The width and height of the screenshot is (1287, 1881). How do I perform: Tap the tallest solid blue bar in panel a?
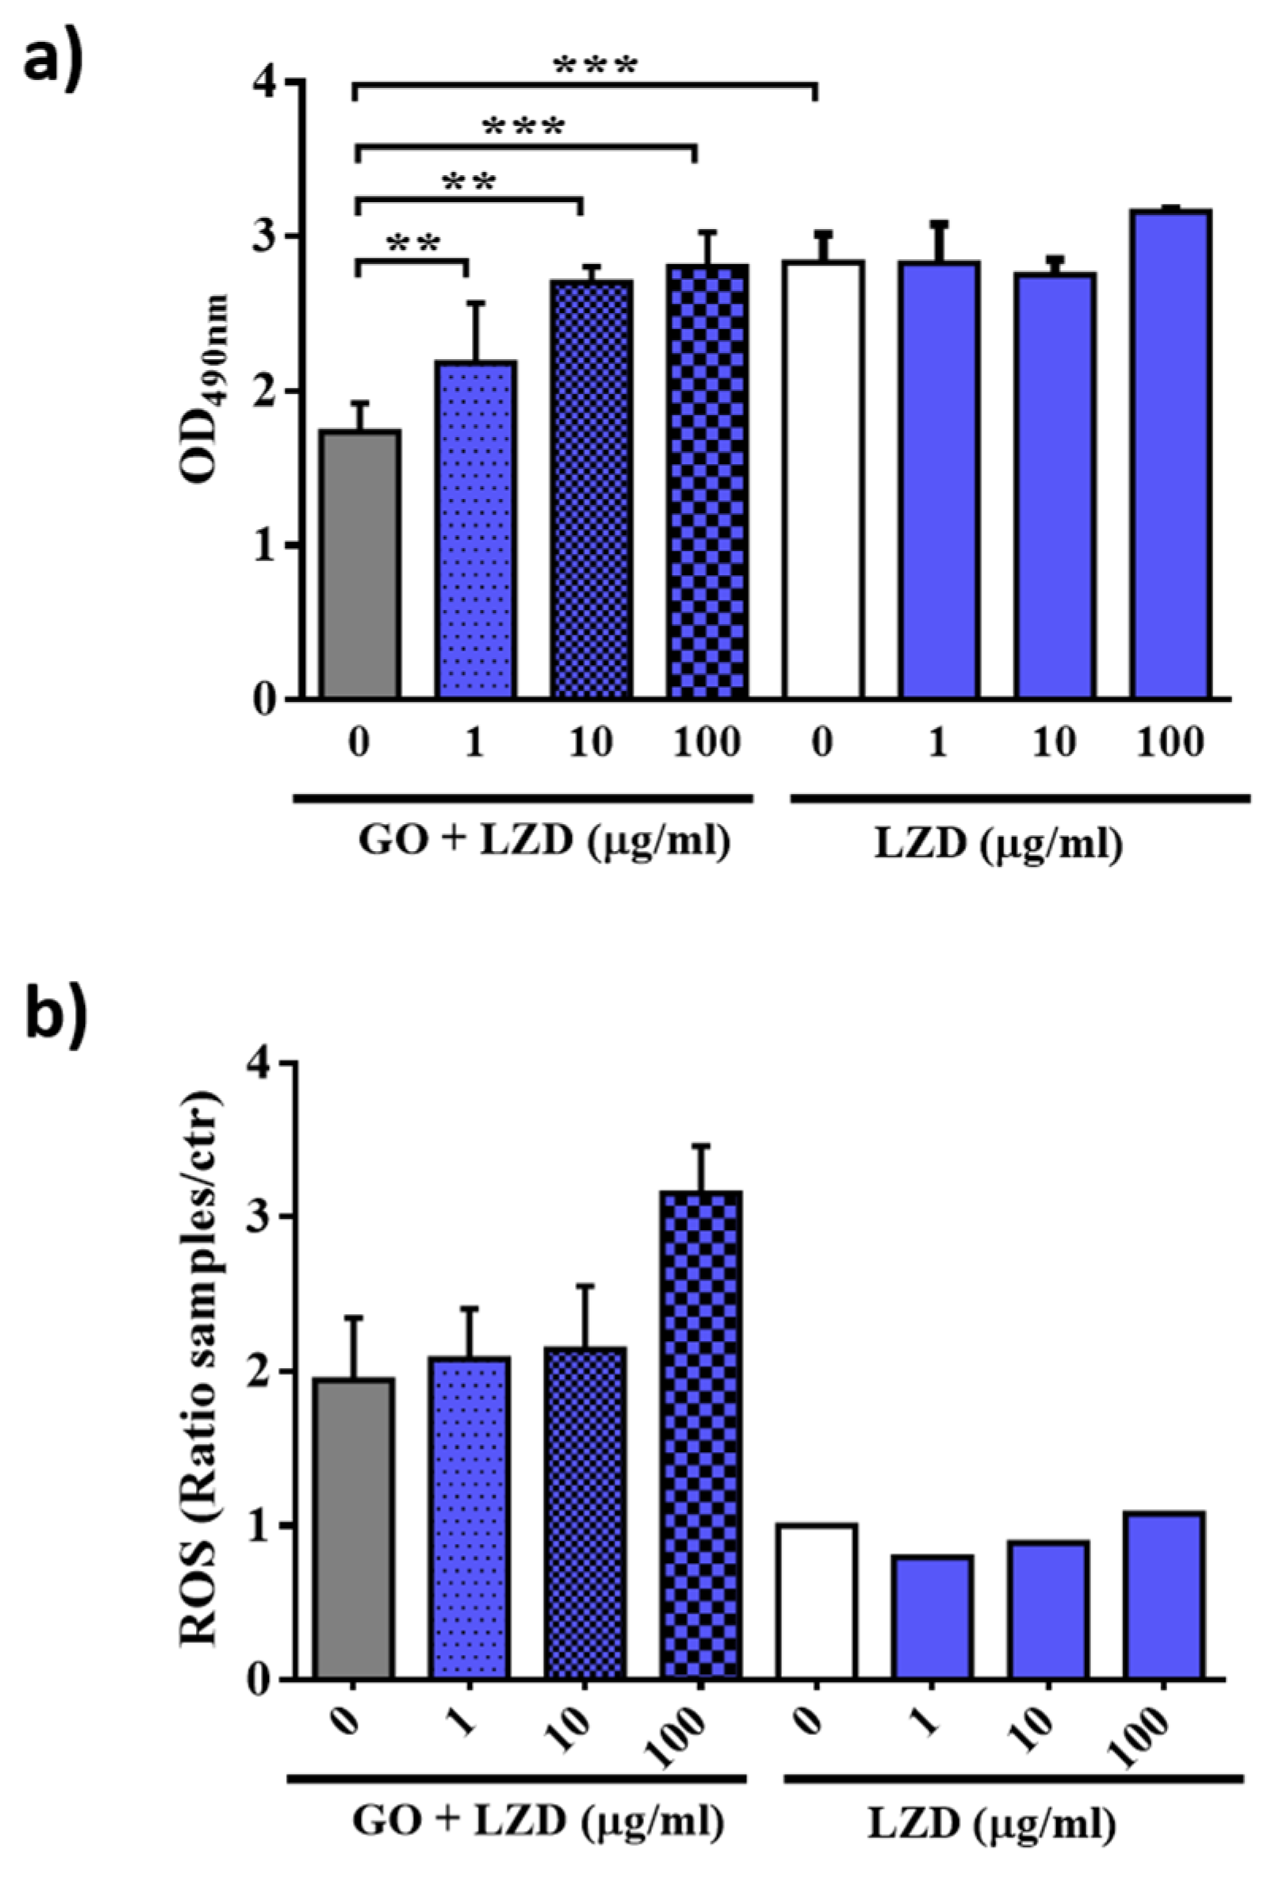coord(1171,454)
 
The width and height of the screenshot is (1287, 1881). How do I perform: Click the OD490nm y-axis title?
coord(204,389)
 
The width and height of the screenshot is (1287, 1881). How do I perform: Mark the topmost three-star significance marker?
coord(595,67)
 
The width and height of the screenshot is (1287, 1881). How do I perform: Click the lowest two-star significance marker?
coord(414,242)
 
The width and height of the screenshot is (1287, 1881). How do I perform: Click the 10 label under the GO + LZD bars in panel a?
coord(591,742)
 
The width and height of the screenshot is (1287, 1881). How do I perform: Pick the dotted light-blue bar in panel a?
coord(476,531)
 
